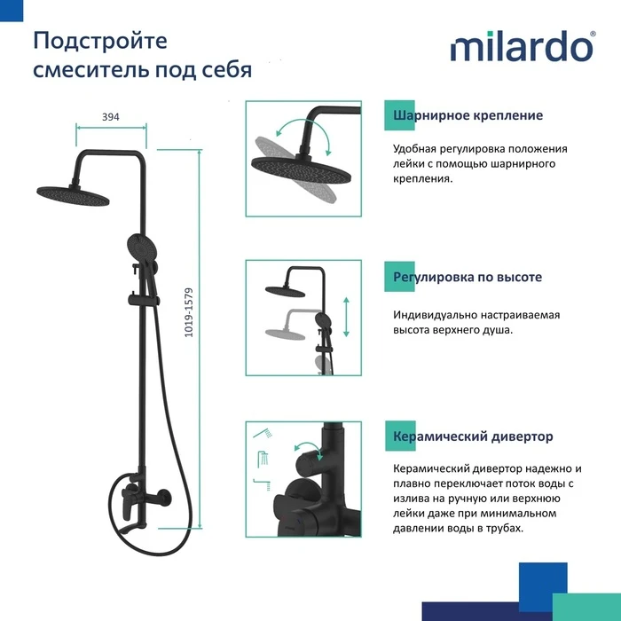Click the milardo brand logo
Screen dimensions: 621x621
coord(523,46)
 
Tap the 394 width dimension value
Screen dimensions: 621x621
coord(111,117)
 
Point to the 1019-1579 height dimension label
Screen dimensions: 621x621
coord(189,312)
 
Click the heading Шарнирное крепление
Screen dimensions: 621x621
coord(468,115)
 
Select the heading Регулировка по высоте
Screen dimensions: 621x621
coord(468,277)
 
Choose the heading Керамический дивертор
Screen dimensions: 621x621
coord(473,436)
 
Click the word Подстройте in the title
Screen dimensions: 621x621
coord(100,42)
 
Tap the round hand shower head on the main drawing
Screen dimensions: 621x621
coord(142,248)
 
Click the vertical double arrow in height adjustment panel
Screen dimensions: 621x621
coord(346,317)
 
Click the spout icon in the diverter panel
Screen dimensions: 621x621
coord(263,484)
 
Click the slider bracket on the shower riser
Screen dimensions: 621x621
coord(144,300)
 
